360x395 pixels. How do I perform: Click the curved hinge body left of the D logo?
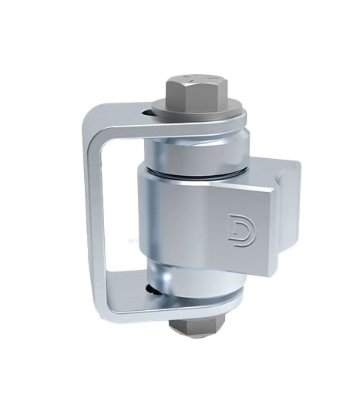coord(166,216)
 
